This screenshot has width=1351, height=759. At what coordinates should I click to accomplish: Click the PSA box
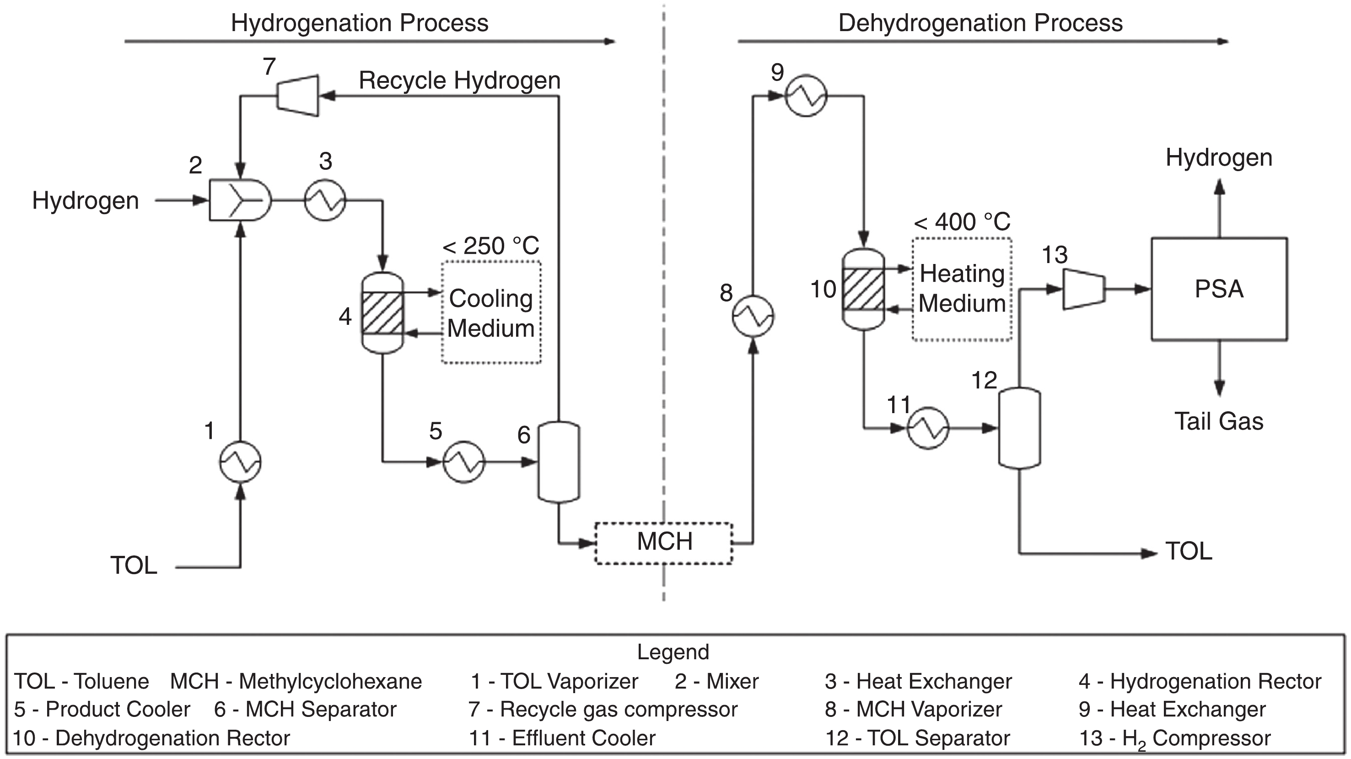coord(1219,289)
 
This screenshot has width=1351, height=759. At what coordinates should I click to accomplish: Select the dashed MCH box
coord(664,543)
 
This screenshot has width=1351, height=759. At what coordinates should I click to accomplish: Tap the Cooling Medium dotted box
coord(491,312)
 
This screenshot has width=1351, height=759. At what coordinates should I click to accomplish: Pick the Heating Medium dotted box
coord(962,289)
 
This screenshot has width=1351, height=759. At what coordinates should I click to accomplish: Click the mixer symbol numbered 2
coord(240,200)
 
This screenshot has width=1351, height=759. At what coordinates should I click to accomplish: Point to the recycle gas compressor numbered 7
coord(298,96)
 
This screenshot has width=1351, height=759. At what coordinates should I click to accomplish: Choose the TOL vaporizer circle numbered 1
coord(240,462)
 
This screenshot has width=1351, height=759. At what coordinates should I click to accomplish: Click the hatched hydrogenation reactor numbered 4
coord(383,312)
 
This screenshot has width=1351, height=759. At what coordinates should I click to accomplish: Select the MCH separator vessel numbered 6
coord(559,462)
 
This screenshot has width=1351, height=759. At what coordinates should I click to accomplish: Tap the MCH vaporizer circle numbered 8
coord(753,316)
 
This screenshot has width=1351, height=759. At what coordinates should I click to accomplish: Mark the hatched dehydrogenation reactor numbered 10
coord(863,289)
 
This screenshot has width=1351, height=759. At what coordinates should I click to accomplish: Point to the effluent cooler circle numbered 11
coord(928,428)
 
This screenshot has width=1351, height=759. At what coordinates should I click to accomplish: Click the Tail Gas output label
coord(1219,421)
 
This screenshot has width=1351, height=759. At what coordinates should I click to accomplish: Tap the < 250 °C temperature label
coord(491,246)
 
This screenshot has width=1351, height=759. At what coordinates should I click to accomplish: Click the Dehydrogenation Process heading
coord(980,23)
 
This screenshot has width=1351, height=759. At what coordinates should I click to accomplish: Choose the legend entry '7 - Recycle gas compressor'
coord(603,710)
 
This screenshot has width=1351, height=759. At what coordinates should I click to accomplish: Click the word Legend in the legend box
coord(673,652)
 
